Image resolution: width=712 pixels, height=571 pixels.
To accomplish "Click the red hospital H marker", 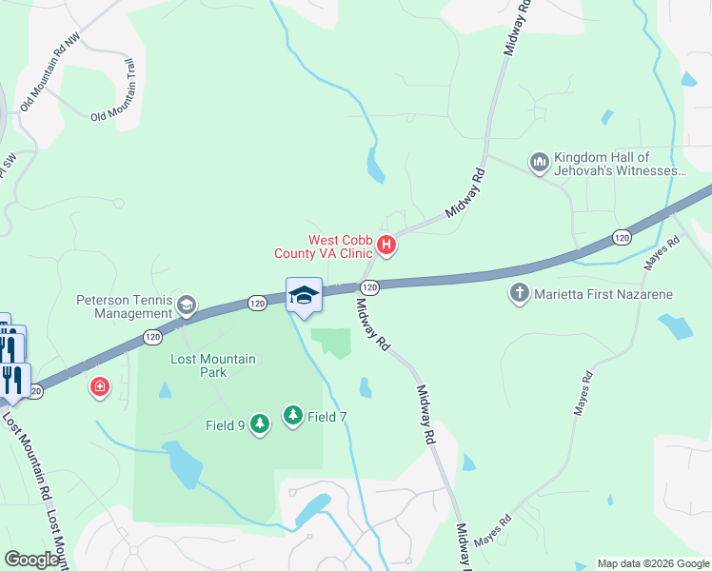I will (386, 246).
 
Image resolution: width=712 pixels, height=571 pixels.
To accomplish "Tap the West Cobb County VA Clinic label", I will (324, 246).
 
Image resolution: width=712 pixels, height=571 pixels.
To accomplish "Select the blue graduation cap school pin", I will (304, 295).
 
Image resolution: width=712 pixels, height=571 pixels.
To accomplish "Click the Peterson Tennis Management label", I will (126, 306).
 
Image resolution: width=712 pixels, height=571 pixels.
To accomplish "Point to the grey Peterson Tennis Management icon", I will (187, 305).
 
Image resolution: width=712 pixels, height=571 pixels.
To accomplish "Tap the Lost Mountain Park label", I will (199, 365).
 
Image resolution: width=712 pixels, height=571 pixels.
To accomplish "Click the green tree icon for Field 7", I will (292, 416).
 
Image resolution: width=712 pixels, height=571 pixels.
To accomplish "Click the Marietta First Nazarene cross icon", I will (520, 294).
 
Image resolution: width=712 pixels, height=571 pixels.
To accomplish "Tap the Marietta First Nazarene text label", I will (603, 294).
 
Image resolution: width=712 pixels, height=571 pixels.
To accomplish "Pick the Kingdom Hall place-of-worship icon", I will (539, 164).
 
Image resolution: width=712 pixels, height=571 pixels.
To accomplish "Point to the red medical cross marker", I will (99, 387).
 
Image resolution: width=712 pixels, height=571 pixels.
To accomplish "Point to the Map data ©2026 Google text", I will (652, 563).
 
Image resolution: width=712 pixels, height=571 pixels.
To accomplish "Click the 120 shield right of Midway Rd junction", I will (371, 286).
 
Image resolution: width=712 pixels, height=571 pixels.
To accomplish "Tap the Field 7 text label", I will (327, 417).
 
